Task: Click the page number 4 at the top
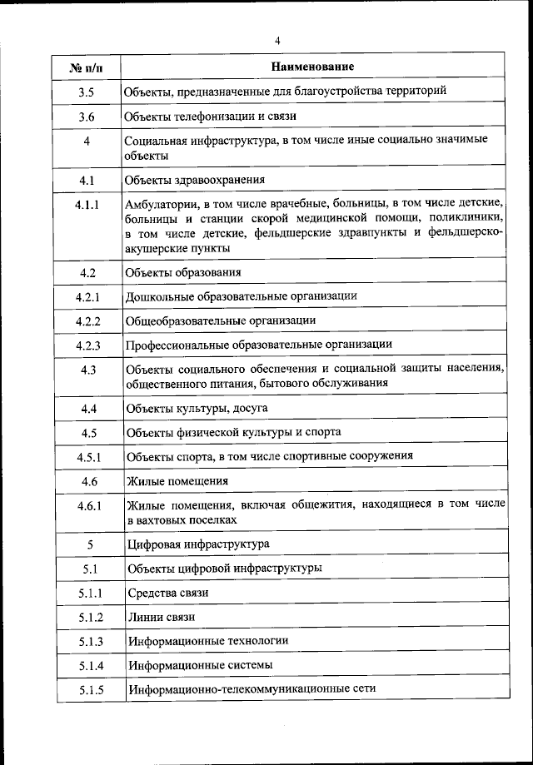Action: pyautogui.click(x=276, y=40)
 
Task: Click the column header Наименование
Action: pyautogui.click(x=312, y=65)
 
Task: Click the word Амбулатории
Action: pyautogui.click(x=161, y=204)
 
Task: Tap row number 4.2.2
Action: pyautogui.click(x=87, y=320)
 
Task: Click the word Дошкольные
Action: pyautogui.click(x=160, y=296)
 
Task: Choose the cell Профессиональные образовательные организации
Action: pyautogui.click(x=259, y=344)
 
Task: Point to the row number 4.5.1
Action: pyautogui.click(x=87, y=457)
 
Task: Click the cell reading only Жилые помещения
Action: pyautogui.click(x=177, y=481)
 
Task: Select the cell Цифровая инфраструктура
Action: pyautogui.click(x=197, y=544)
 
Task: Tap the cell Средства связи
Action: pyautogui.click(x=167, y=593)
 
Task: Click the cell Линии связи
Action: pyautogui.click(x=162, y=617)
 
